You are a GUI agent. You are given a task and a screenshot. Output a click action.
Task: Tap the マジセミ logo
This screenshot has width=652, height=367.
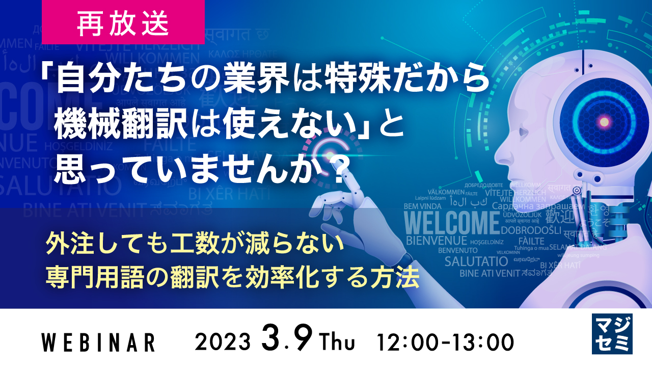(612, 334)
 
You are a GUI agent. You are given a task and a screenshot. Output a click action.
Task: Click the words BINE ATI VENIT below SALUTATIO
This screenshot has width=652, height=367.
(490, 273)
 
